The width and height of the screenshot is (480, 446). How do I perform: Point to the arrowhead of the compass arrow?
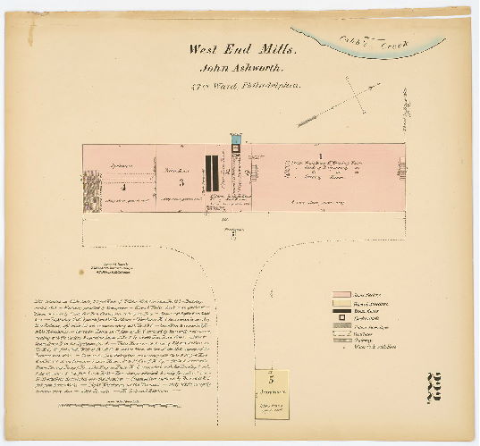(299, 124)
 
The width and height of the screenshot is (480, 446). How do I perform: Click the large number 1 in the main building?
(320, 156)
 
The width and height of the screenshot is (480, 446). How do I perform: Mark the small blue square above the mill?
(236, 139)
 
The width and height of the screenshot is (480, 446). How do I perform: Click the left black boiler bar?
(206, 173)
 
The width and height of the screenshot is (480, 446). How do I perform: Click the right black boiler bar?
(215, 173)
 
